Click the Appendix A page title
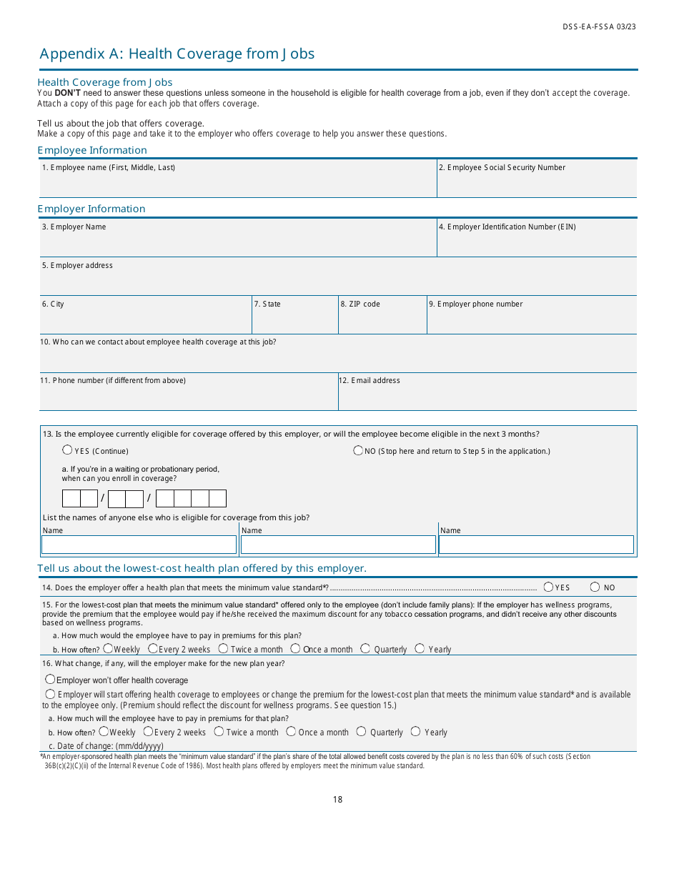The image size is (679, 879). click(x=177, y=54)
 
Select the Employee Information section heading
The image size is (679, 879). click(x=92, y=150)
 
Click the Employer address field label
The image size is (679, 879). click(x=77, y=266)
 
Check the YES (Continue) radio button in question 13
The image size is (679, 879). click(x=67, y=450)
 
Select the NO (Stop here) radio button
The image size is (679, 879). click(x=358, y=450)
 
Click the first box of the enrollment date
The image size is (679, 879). click(x=71, y=498)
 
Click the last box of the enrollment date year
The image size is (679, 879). click(x=217, y=498)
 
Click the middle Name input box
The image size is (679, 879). click(x=338, y=545)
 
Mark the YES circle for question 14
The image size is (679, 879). click(x=548, y=587)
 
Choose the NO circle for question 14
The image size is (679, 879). click(x=595, y=587)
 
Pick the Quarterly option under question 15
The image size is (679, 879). click(x=365, y=649)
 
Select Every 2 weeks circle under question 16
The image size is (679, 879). click(x=148, y=732)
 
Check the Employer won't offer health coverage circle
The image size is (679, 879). click(x=50, y=680)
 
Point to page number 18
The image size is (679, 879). click(x=337, y=800)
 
